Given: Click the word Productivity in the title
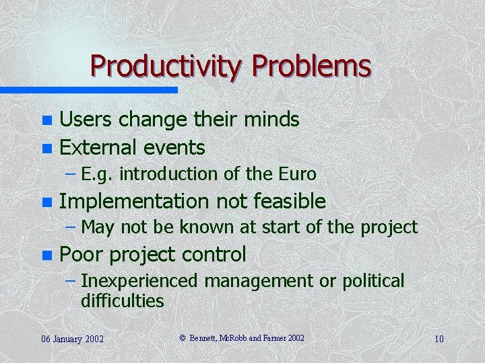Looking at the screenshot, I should pyautogui.click(x=168, y=67).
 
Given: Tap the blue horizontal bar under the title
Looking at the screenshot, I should pyautogui.click(x=88, y=89).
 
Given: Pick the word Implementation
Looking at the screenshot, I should pyautogui.click(x=135, y=201).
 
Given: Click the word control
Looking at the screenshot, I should pyautogui.click(x=214, y=254).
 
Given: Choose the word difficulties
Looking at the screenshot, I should pyautogui.click(x=123, y=300).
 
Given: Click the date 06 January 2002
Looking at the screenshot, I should pyautogui.click(x=72, y=339).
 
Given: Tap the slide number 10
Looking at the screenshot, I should pyautogui.click(x=439, y=339).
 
